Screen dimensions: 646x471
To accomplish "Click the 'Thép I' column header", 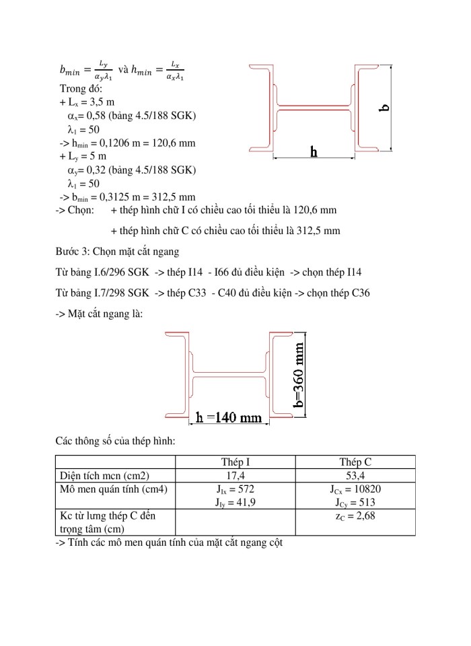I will point(235,462).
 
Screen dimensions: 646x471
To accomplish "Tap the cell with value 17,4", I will point(235,475).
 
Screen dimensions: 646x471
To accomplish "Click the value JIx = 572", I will point(235,489).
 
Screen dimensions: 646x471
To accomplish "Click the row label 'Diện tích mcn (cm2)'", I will point(104,475).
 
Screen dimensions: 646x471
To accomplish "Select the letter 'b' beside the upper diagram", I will point(384,108).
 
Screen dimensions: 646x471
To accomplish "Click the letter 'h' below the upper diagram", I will point(314,152).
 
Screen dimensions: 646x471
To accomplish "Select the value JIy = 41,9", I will point(235,502).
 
